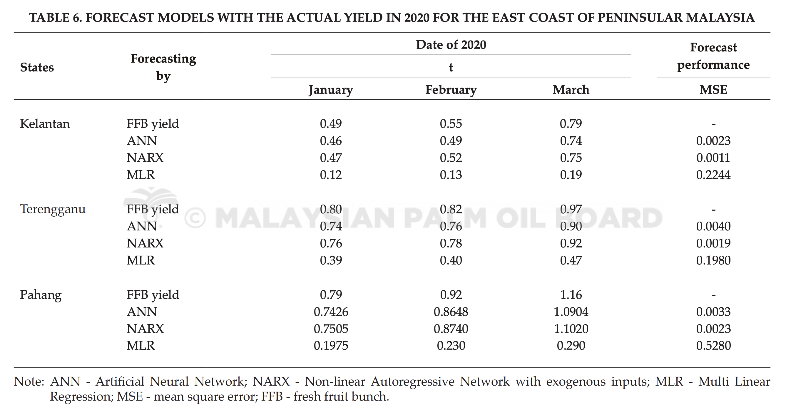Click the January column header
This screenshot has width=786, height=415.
point(331,90)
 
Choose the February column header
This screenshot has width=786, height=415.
point(451,90)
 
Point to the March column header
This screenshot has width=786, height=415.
point(571,89)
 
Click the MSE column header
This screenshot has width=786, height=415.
point(713,89)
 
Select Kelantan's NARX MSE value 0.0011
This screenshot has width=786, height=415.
point(713,158)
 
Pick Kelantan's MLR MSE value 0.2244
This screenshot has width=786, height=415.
point(713,175)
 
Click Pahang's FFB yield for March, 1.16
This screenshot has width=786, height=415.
point(571,295)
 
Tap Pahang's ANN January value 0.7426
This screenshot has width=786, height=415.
point(331,312)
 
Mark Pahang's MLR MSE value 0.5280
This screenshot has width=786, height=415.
point(713,346)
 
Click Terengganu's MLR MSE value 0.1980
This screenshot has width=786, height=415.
point(713,260)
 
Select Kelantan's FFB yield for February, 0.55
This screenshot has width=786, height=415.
point(451,123)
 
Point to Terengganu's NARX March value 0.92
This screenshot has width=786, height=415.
point(571,243)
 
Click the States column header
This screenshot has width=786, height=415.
point(37,67)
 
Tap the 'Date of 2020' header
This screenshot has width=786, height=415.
point(451,45)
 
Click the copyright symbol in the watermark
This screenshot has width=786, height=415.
point(195,218)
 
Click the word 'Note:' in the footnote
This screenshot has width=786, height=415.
point(29,381)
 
